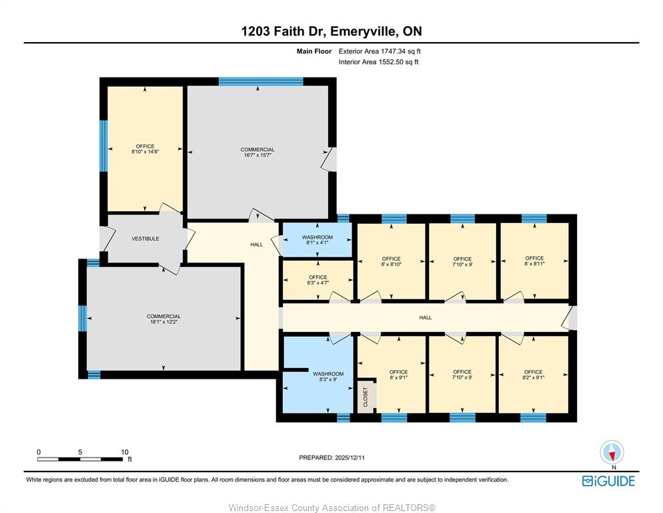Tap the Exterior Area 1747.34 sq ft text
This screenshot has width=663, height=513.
pyautogui.click(x=380, y=51)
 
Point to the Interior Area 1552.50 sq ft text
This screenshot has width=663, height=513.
pyautogui.click(x=378, y=62)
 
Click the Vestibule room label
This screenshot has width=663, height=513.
pyautogui.click(x=145, y=239)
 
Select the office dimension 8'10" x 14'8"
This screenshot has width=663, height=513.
pyautogui.click(x=145, y=152)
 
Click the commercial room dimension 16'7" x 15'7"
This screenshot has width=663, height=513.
pyautogui.click(x=257, y=155)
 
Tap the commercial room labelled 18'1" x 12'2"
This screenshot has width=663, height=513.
pyautogui.click(x=163, y=319)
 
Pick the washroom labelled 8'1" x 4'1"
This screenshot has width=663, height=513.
pyautogui.click(x=317, y=240)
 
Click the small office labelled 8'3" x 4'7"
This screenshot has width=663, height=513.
pyautogui.click(x=317, y=280)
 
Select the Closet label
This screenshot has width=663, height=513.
pyautogui.click(x=366, y=397)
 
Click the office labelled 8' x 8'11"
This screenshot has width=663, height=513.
pyautogui.click(x=534, y=261)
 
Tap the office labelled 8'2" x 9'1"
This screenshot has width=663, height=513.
pyautogui.click(x=534, y=375)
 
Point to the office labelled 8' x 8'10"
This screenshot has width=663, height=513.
pyautogui.click(x=391, y=261)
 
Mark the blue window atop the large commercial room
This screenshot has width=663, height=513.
pyautogui.click(x=261, y=81)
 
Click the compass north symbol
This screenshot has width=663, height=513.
pyautogui.click(x=612, y=454)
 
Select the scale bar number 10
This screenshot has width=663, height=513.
pyautogui.click(x=125, y=452)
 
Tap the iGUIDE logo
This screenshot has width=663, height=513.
pyautogui.click(x=608, y=481)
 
